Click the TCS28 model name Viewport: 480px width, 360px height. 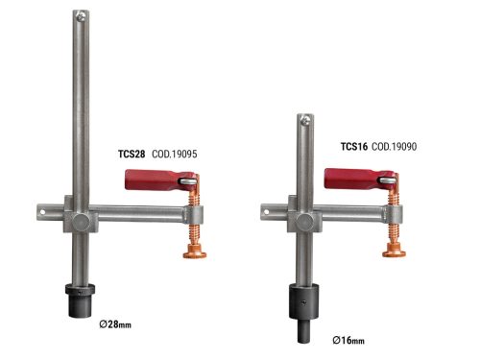pos(132,154)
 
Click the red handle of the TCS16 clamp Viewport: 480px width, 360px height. pos(348,179)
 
